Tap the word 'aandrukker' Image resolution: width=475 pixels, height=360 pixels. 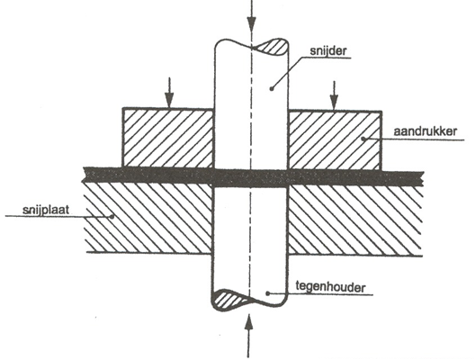tap(426, 131)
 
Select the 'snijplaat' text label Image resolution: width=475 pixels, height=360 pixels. tap(46, 210)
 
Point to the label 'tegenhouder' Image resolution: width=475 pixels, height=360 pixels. tap(330, 286)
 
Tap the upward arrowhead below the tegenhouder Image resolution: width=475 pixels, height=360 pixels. tap(248, 322)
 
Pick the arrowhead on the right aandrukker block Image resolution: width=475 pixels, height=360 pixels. tap(334, 103)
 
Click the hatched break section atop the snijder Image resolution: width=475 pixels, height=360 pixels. tap(270, 47)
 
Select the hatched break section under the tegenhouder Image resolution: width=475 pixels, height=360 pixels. tap(231, 300)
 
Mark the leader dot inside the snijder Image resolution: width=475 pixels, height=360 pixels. tap(272, 89)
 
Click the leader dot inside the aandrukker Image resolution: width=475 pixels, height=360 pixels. tap(363, 139)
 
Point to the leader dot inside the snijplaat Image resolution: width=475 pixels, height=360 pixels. tap(112, 216)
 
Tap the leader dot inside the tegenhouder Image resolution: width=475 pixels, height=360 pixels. tap(267, 293)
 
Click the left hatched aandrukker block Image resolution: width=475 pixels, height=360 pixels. tap(168, 138)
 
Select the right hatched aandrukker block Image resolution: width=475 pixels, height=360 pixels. tap(335, 140)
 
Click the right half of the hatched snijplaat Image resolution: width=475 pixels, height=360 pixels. tap(355, 220)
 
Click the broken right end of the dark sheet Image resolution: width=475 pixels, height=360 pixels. tap(421, 179)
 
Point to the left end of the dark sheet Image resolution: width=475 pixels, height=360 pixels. tap(85, 175)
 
